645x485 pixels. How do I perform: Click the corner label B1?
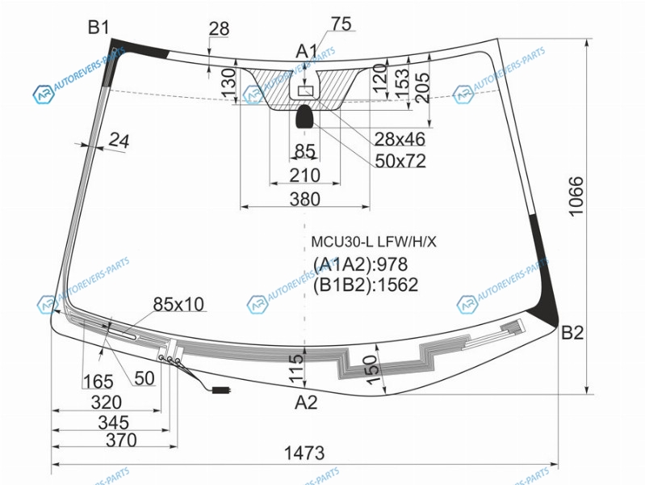click(x=98, y=27)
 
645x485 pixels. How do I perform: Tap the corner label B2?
click(x=572, y=332)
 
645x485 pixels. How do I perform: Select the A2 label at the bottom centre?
click(x=306, y=403)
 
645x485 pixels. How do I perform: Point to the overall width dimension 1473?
click(x=304, y=453)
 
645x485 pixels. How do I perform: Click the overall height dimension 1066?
click(x=576, y=196)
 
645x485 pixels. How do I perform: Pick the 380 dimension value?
click(x=305, y=200)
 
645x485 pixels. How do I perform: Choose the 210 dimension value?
click(x=305, y=175)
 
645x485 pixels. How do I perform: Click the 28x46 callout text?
click(x=400, y=139)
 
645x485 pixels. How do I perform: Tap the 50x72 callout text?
click(x=400, y=161)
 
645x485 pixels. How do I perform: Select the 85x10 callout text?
click(x=178, y=305)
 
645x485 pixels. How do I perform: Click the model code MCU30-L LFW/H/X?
click(x=374, y=242)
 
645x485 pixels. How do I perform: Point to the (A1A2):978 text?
click(x=360, y=264)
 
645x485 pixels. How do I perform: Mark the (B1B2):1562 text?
click(x=366, y=285)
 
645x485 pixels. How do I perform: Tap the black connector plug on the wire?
click(x=221, y=390)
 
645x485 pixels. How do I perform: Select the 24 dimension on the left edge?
click(x=119, y=141)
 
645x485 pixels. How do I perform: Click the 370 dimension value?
click(x=121, y=440)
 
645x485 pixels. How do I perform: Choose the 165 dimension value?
click(x=98, y=382)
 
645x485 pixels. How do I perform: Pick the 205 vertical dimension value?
click(x=423, y=88)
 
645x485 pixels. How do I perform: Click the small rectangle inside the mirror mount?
click(x=305, y=91)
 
